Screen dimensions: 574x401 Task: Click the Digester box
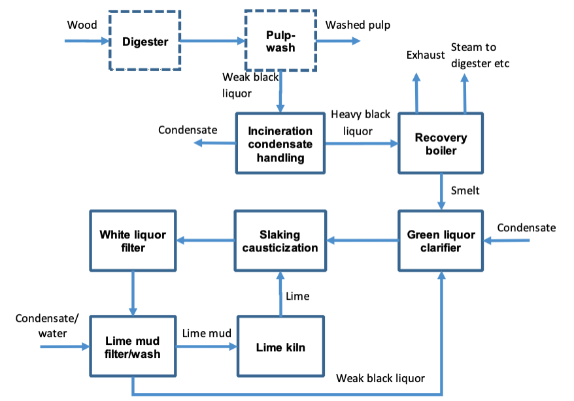[x=144, y=40]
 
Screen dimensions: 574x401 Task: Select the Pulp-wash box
[x=280, y=40]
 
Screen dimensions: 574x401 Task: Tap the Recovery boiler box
[x=441, y=143]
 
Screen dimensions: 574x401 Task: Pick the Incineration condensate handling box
[x=280, y=143]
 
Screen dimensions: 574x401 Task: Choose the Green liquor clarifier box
[x=441, y=240]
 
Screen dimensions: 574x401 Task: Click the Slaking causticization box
[x=280, y=240]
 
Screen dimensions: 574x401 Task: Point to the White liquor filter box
[x=133, y=240]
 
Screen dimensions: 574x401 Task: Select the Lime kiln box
[x=280, y=346]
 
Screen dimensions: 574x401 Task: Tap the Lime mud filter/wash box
[x=133, y=346]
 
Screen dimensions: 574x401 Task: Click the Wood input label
[x=82, y=25]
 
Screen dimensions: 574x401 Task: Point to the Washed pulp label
[x=358, y=25]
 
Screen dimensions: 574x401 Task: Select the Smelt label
[x=465, y=191]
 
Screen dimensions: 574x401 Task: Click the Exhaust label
[x=426, y=55]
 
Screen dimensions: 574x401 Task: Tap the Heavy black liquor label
[x=361, y=123]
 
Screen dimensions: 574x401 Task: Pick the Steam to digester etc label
[x=480, y=56]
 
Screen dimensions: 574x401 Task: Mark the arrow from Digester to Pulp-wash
[x=212, y=40]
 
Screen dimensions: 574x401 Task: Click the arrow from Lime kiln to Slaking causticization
[x=280, y=293]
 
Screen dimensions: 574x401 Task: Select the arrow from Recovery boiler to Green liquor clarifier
[x=441, y=192]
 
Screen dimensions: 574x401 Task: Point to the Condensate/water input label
[x=47, y=326]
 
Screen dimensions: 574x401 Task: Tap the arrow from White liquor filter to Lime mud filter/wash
[x=133, y=293]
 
